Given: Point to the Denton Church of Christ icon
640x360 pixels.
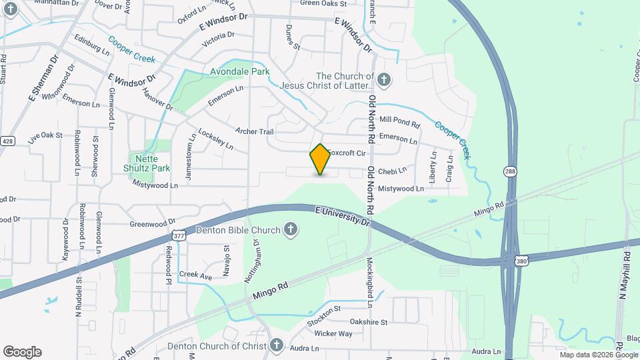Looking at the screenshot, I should (x=277, y=345).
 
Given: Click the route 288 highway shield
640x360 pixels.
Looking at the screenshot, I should (x=510, y=172).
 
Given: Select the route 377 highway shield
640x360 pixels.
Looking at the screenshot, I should (x=179, y=235).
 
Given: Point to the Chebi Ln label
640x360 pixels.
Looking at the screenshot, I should (x=393, y=171).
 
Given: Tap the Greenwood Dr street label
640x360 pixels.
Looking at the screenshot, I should (x=152, y=223).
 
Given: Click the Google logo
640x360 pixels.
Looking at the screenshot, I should (x=22, y=352).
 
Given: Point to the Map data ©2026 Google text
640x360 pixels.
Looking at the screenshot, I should (x=589, y=355).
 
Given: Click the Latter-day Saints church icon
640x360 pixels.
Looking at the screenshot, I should (x=383, y=81).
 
